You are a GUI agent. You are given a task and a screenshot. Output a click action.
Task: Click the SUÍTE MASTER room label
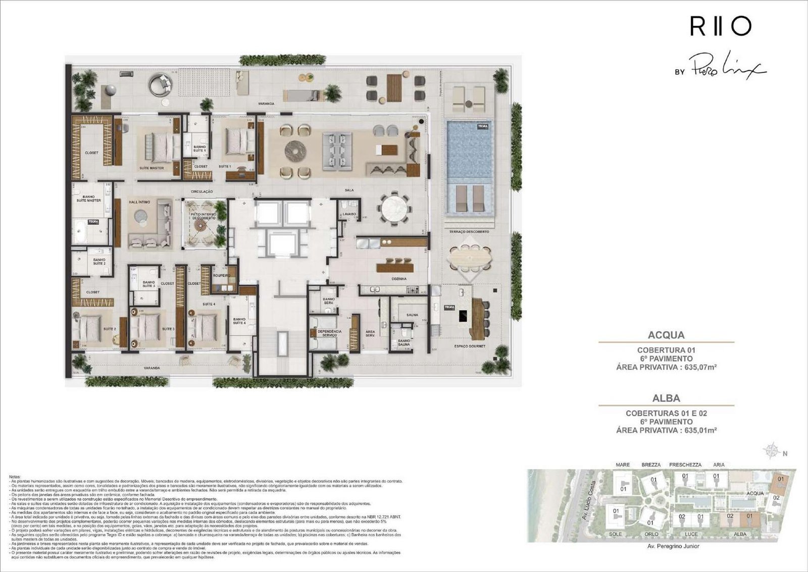tap(151, 168)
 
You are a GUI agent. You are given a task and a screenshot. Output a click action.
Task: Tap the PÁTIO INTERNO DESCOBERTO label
tap(203, 216)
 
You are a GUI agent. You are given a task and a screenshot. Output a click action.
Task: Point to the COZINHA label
tap(398, 279)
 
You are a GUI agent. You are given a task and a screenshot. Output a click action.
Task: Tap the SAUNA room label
tap(412, 315)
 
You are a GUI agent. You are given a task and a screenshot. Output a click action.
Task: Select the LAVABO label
tap(349, 214)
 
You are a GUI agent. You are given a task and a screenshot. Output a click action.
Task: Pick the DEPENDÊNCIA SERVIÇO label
tap(330, 333)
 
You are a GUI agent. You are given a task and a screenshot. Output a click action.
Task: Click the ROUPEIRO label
tap(222, 275)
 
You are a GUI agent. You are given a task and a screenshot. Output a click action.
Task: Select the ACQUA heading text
tap(666, 335)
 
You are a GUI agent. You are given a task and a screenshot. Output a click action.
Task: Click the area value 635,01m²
tap(701, 431)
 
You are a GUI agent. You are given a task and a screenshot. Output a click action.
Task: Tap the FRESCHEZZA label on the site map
tap(685, 464)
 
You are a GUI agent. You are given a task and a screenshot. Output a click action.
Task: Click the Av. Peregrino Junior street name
tap(673, 546)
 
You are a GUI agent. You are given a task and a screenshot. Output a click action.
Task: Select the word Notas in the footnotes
tap(15, 476)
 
